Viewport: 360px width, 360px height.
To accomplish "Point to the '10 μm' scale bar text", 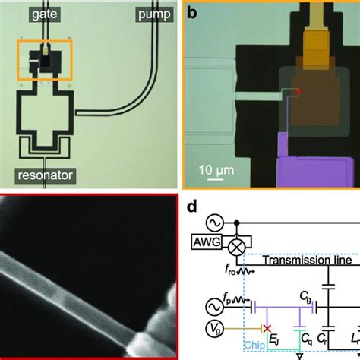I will coord(216,169).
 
